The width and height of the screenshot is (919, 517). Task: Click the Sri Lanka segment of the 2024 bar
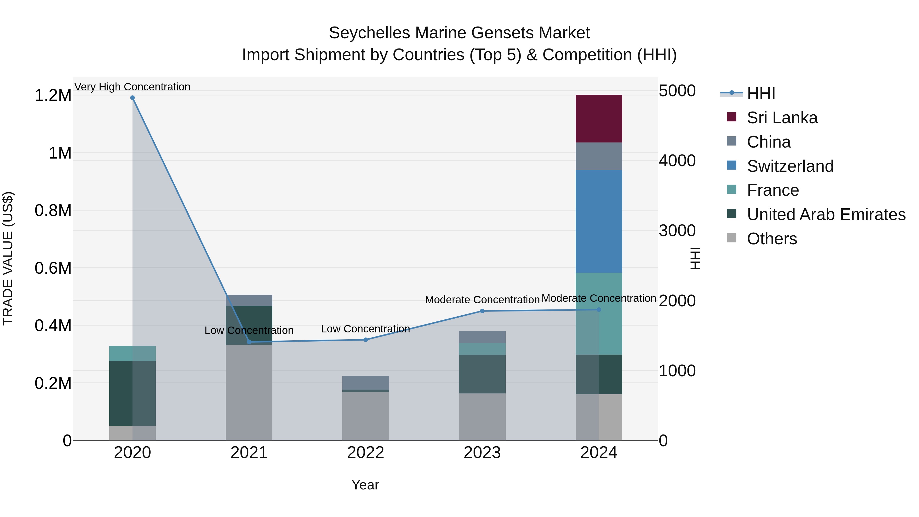[599, 118]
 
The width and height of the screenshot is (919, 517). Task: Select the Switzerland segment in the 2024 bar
[599, 221]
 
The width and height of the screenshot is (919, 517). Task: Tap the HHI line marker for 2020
[132, 98]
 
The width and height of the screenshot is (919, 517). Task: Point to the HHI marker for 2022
[365, 340]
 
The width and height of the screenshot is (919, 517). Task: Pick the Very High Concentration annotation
[132, 87]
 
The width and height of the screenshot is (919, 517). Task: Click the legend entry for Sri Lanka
[782, 118]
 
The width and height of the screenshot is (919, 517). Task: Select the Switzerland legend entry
[790, 166]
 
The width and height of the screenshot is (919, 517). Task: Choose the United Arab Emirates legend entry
[826, 214]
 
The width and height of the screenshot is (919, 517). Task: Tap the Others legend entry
[772, 239]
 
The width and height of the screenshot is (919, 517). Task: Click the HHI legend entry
[761, 93]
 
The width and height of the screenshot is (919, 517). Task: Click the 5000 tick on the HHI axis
[677, 91]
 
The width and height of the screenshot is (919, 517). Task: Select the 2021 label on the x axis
[249, 453]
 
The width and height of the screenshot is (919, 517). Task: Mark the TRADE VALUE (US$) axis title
[8, 258]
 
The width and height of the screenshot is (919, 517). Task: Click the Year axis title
[365, 485]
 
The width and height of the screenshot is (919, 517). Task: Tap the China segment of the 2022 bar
[365, 382]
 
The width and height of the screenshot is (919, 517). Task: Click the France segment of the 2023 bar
[482, 349]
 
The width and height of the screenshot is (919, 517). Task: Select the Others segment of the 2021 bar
[249, 392]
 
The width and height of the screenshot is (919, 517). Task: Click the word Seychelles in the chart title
[370, 33]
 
